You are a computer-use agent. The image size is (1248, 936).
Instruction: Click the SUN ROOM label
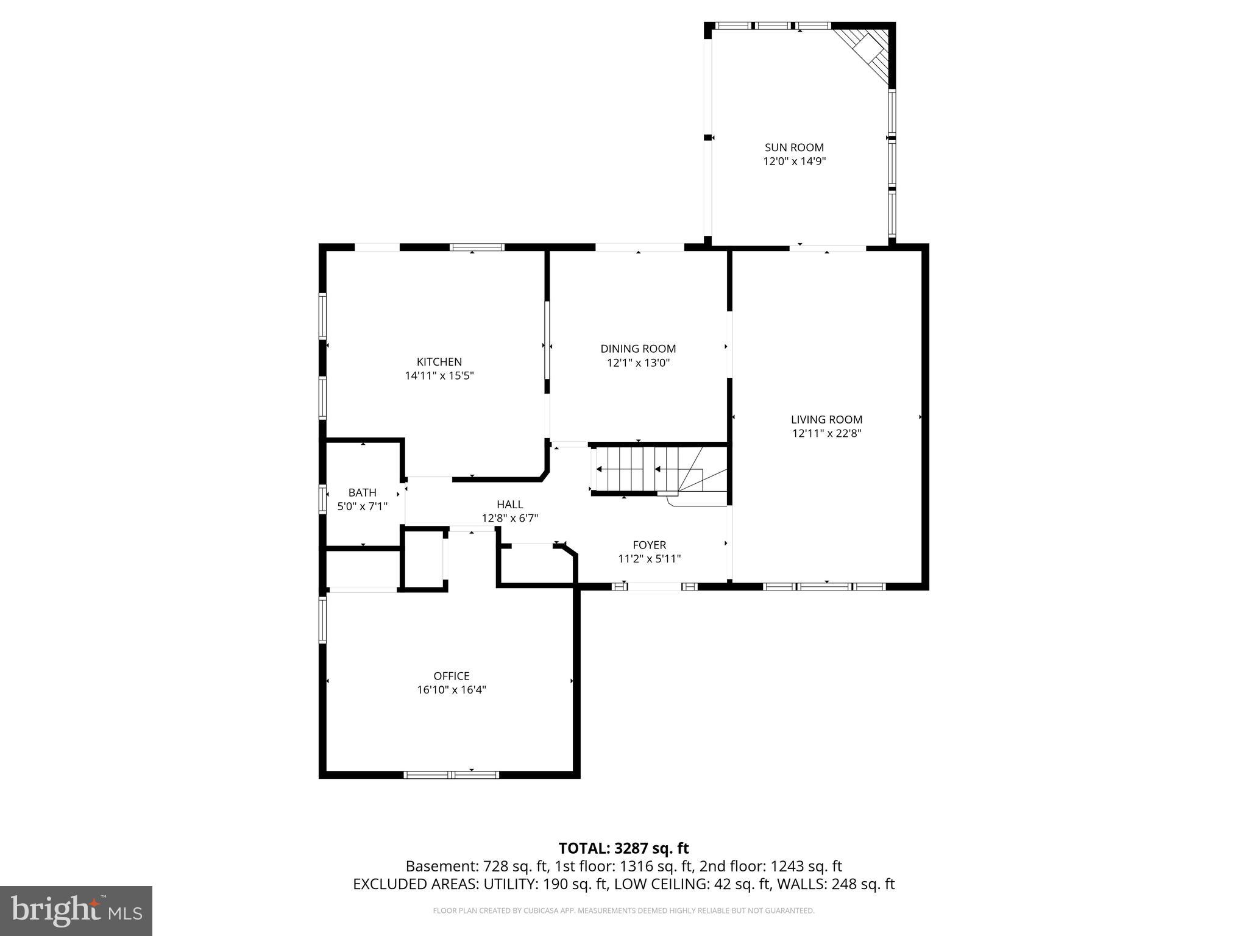794,147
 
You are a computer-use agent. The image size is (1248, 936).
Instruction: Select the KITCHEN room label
439,362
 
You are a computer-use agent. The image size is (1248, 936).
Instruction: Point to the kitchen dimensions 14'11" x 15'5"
439,376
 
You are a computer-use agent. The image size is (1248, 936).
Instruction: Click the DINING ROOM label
638,349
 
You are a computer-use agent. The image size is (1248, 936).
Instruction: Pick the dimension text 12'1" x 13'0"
638,363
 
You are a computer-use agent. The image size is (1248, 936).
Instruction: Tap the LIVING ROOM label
826,419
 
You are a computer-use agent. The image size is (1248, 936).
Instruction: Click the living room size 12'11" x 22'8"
826,434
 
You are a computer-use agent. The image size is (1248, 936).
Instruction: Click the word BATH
362,492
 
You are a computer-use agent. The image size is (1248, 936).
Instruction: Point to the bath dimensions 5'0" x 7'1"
362,506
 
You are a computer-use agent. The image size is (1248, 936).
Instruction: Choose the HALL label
509,505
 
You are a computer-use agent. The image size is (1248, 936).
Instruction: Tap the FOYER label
649,545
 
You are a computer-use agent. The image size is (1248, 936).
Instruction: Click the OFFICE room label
451,676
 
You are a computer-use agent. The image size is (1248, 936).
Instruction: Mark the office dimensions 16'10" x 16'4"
451,690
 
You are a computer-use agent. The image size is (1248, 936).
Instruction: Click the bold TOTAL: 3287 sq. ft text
623,848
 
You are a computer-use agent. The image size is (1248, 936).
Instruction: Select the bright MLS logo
76,910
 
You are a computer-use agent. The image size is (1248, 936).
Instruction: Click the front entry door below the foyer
654,587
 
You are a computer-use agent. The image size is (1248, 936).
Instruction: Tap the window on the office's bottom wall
451,775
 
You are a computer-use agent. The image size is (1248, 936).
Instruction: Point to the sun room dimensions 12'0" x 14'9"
794,162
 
